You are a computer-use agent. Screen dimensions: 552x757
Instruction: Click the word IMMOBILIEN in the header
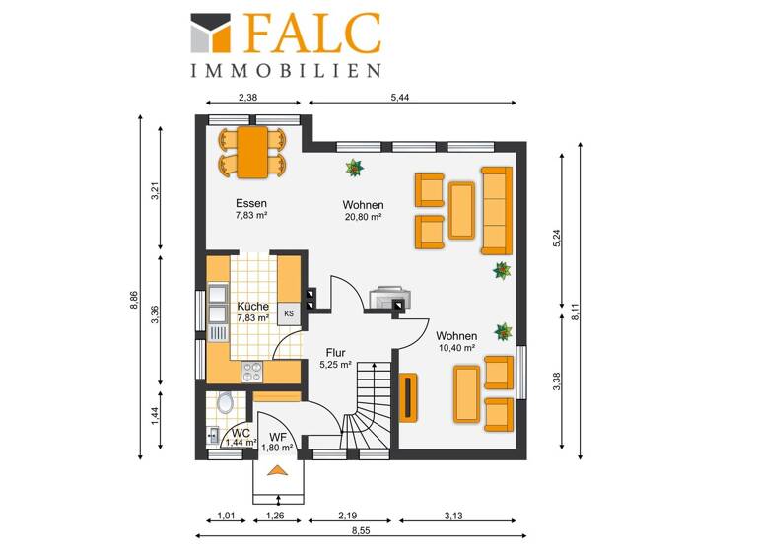(x=286, y=70)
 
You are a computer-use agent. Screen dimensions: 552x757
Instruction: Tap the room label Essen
(x=251, y=203)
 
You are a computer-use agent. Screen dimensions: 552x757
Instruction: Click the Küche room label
(x=252, y=306)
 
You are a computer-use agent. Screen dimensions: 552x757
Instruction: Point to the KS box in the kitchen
(x=289, y=313)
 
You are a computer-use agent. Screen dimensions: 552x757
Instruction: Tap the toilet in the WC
(x=226, y=402)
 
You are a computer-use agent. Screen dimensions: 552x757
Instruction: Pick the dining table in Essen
(x=252, y=152)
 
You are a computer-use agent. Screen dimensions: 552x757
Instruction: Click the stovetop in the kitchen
(x=253, y=371)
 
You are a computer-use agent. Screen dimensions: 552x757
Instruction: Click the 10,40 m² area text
(x=456, y=348)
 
